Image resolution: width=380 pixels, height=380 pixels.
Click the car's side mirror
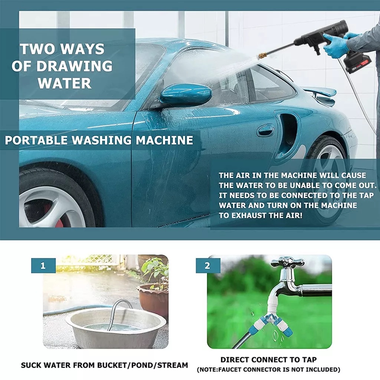pos(186,94)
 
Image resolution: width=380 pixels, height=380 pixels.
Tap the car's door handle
pos(266,130)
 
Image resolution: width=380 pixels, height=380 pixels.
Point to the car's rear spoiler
pos(319,92)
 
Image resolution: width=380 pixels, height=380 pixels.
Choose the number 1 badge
pos(43,266)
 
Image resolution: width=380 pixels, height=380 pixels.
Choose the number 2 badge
pos(207,266)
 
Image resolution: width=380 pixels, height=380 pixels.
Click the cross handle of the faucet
pos(287,262)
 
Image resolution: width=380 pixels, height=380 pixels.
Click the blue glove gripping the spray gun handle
pos(335,45)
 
